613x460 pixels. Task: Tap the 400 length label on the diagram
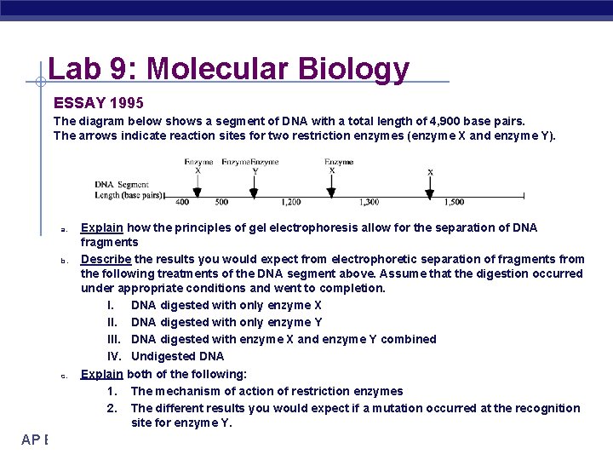coord(181,203)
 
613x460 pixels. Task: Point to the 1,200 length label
coord(289,203)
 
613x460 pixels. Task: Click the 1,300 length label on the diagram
coord(369,203)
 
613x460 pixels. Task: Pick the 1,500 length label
coord(454,203)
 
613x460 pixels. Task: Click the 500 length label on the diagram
coord(221,203)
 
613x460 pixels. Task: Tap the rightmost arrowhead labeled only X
coord(430,193)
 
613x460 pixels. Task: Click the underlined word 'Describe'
coord(106,259)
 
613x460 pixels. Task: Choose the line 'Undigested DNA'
coord(177,356)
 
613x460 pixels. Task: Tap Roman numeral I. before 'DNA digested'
coord(111,305)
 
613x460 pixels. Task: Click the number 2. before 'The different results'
coord(112,408)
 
